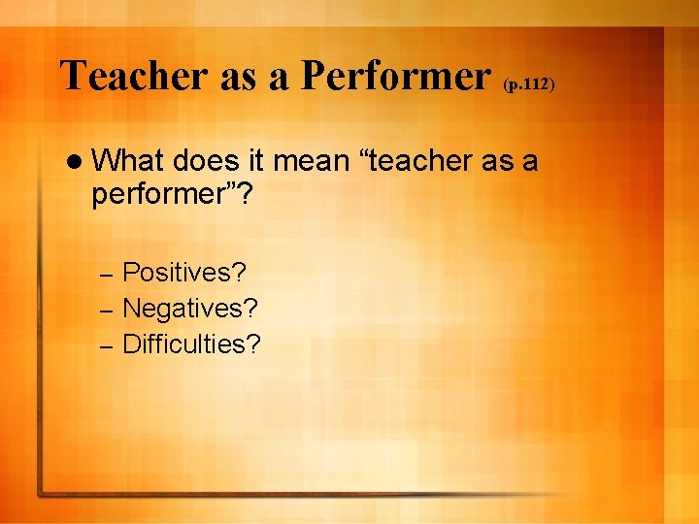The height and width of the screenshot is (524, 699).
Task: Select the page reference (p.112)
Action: pyautogui.click(x=528, y=84)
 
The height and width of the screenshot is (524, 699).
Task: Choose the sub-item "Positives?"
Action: pyautogui.click(x=184, y=273)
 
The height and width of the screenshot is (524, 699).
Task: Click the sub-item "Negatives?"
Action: pyautogui.click(x=190, y=309)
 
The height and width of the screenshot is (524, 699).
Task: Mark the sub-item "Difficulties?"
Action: pyautogui.click(x=192, y=344)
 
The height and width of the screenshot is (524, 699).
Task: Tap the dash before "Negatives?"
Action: pyautogui.click(x=108, y=310)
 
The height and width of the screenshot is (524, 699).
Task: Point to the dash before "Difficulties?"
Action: pyautogui.click(x=108, y=344)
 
